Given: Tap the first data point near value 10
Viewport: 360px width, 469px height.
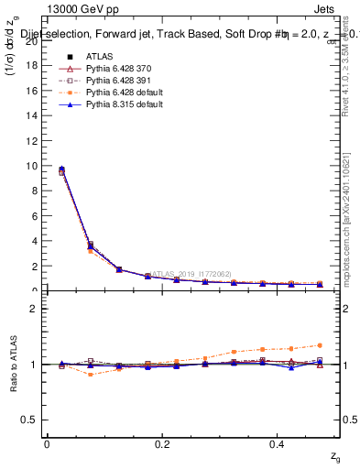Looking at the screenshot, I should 61,169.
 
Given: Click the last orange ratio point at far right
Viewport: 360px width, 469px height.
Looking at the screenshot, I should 320,345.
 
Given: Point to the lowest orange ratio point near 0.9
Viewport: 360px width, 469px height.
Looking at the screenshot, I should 90,375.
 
